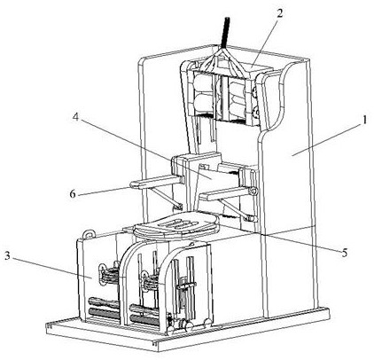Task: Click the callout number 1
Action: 365,121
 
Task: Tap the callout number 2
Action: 279,13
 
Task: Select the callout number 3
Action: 8,256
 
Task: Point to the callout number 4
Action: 76,117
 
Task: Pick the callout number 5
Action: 345,253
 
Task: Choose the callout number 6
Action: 74,194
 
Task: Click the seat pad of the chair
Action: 176,225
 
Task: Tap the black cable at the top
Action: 225,33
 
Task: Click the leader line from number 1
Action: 326,139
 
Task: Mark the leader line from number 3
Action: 52,268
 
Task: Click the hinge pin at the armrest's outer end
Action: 253,192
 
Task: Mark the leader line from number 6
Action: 104,191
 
